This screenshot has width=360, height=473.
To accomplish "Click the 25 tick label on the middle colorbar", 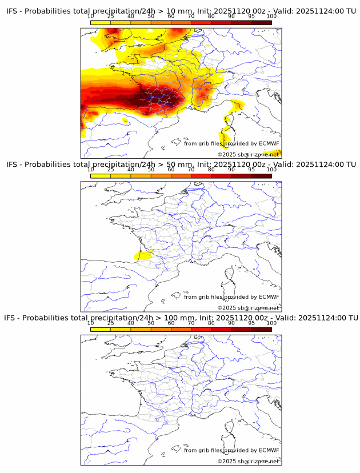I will pyautogui.click(x=110, y=170).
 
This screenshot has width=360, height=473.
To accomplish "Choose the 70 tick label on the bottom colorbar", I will pyautogui.click(x=191, y=323).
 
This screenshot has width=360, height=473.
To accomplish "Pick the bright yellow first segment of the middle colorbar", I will pyautogui.click(x=100, y=175).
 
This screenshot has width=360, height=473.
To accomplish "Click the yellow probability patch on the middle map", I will pyautogui.click(x=142, y=255).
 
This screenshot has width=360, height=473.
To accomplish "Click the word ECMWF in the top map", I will pyautogui.click(x=269, y=143).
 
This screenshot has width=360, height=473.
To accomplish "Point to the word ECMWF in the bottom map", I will pyautogui.click(x=269, y=450).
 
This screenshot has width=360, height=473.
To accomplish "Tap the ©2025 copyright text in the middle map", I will pyautogui.click(x=226, y=307).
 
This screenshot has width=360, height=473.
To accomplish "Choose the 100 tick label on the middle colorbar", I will pyautogui.click(x=271, y=170).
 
